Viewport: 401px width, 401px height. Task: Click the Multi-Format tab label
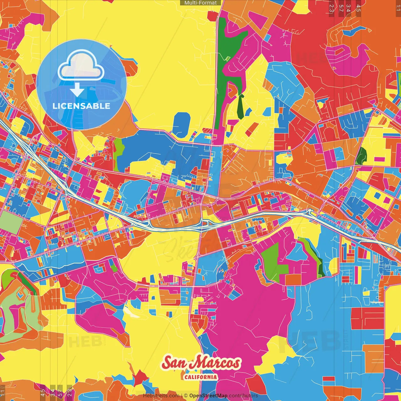click(200, 3)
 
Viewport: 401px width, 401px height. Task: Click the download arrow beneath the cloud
click(77, 91)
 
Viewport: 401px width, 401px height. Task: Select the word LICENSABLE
click(81, 106)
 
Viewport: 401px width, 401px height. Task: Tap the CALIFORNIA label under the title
click(201, 377)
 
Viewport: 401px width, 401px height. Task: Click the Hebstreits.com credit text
click(161, 396)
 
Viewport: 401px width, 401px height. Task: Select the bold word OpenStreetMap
click(208, 396)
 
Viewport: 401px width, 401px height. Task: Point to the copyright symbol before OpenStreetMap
click(186, 396)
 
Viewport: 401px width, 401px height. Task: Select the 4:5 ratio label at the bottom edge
click(43, 393)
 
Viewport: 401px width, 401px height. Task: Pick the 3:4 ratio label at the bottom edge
click(53, 393)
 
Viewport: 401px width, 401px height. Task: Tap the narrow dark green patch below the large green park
click(241, 107)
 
